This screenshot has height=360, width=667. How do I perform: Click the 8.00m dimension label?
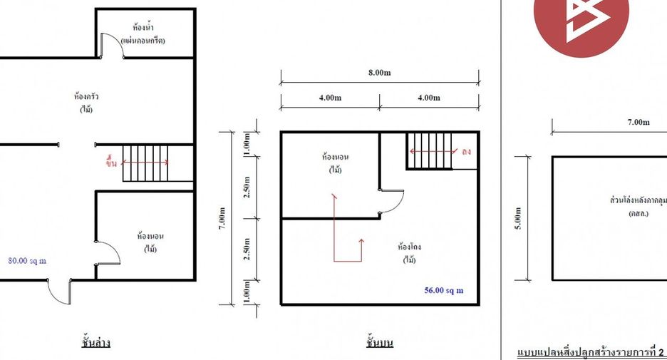(x=379, y=73)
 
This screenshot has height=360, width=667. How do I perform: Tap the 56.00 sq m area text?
(x=444, y=291)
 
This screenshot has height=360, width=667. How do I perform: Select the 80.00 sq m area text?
(x=27, y=261)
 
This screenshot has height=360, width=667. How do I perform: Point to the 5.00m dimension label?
(x=518, y=218)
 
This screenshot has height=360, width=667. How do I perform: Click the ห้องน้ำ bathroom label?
(x=143, y=28)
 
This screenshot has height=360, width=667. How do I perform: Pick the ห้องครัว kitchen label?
(x=86, y=96)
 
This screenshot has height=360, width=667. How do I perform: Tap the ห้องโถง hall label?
(x=410, y=247)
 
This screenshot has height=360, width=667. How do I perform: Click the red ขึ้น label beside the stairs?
(x=111, y=163)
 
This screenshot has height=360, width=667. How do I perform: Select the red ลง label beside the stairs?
(x=466, y=152)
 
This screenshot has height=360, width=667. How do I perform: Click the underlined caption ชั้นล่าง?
(x=95, y=343)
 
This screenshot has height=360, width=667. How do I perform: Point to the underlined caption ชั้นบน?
(x=379, y=343)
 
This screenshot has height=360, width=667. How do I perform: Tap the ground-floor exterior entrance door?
(x=60, y=294)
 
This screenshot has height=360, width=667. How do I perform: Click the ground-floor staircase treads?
(x=145, y=163)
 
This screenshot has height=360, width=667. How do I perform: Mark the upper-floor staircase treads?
(x=429, y=151)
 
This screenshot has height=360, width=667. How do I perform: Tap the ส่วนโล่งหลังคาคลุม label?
(x=638, y=200)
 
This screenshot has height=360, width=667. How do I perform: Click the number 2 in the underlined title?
(x=661, y=352)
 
